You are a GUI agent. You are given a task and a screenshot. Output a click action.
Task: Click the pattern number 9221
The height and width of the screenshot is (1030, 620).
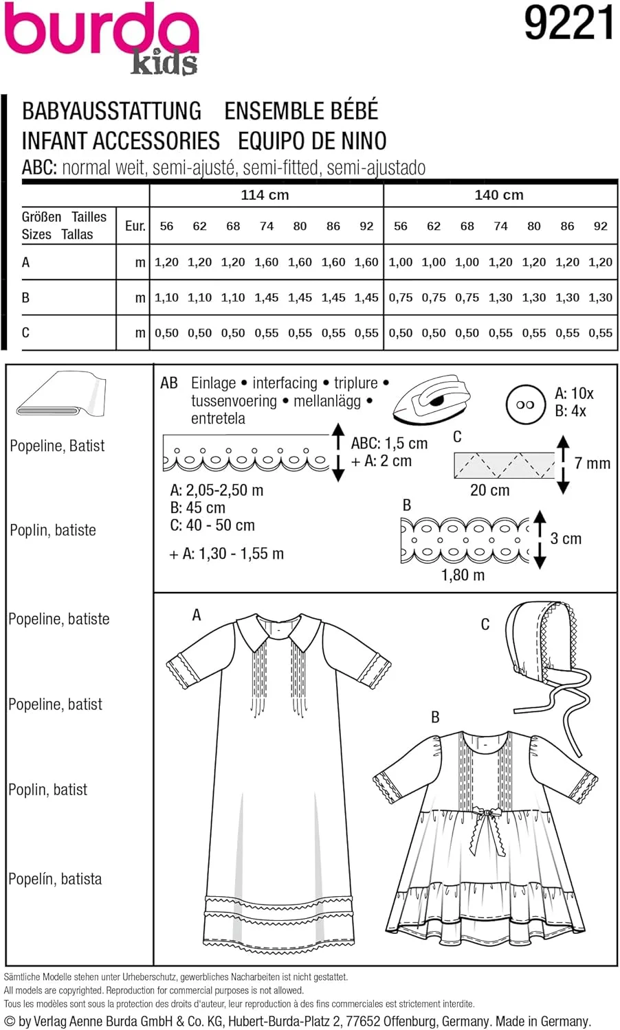[568, 23]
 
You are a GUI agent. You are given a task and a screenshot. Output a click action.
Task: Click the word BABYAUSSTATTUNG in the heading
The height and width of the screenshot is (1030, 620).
[112, 111]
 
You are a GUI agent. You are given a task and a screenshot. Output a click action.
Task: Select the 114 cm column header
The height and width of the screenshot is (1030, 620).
[265, 195]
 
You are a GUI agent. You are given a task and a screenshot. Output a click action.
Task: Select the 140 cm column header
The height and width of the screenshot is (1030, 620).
[499, 195]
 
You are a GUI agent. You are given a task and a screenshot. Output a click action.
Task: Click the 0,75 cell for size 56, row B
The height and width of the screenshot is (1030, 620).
[401, 297]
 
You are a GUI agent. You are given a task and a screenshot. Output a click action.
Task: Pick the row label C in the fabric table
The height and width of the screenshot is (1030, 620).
[25, 333]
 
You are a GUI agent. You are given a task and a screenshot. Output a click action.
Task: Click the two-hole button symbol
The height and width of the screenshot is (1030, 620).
[525, 404]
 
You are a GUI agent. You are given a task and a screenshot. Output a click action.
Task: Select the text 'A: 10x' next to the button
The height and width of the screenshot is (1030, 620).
[573, 393]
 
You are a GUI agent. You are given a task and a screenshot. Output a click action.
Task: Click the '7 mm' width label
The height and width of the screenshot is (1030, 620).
[592, 463]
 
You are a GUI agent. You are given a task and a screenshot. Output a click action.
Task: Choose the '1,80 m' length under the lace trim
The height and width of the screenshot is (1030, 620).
[463, 575]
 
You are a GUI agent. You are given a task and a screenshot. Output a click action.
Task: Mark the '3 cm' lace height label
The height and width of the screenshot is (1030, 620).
[566, 539]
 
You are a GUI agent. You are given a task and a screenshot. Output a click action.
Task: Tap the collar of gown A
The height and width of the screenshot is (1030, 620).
[279, 632]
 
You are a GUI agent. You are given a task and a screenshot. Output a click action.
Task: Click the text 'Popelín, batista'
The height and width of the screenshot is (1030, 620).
[55, 879]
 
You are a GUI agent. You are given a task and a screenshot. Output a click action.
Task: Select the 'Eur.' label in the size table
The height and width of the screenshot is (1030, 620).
[135, 226]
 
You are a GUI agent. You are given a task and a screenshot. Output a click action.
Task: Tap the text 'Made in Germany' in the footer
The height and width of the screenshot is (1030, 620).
[542, 1022]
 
